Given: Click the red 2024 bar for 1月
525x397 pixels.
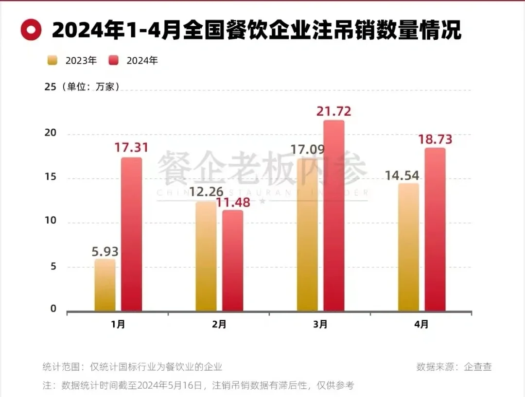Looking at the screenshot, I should tap(131, 234).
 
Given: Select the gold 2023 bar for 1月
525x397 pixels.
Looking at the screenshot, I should tap(105, 285).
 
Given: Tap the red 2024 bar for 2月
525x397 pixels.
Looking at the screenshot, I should tap(232, 260).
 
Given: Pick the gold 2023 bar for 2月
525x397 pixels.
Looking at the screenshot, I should tap(206, 257).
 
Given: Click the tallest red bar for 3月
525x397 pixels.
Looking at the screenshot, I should tap(333, 216).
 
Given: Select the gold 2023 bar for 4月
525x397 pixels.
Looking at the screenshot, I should tap(408, 247).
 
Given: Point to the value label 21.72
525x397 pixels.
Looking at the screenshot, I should tap(333, 112).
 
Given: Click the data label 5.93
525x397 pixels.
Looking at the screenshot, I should tap(105, 252).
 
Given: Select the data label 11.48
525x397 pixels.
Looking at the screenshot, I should tap(234, 202).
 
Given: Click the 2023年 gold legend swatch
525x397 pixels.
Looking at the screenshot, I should tap(52, 60).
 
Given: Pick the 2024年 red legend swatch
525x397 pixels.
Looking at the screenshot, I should tap(113, 60).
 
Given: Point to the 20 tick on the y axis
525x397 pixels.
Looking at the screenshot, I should tap(51, 133).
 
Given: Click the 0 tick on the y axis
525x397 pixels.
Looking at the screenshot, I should tap(53, 309).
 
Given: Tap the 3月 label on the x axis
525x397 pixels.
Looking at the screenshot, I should tap(320, 324).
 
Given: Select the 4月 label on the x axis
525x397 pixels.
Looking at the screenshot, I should tap(421, 324).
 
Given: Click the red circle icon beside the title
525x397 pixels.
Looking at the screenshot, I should tap(31, 30).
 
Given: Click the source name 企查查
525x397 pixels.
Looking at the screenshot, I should tap(478, 367).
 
